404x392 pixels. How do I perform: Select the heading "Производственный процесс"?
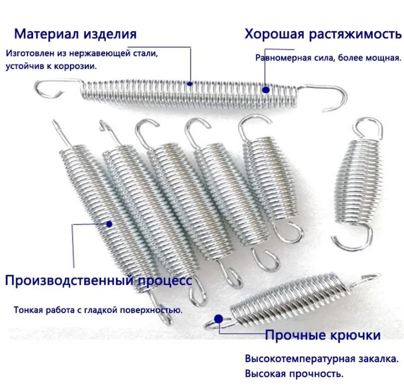pyautogui.click(x=99, y=281)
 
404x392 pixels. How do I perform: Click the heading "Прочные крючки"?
pyautogui.click(x=323, y=335)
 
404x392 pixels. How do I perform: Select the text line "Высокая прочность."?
pyautogui.click(x=294, y=373)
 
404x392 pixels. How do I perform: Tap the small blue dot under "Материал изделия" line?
pyautogui.click(x=190, y=84)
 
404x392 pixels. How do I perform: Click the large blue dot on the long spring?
pyautogui.click(x=266, y=90)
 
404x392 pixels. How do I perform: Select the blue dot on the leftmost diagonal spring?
pyautogui.click(x=109, y=224)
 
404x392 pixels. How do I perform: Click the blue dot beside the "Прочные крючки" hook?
pyautogui.click(x=219, y=319)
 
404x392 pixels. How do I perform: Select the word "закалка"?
pyautogui.click(x=381, y=358)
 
